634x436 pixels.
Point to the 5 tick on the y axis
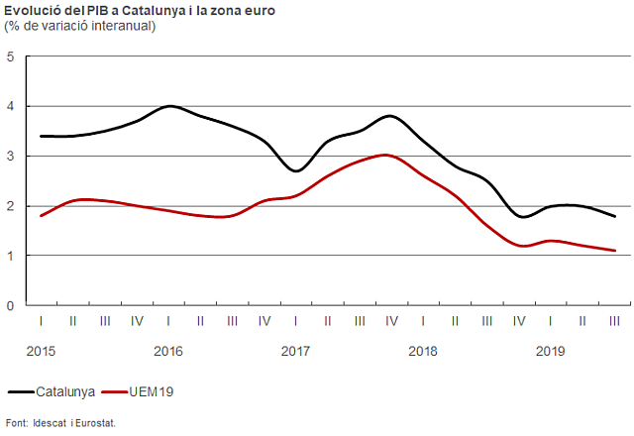coord(10,56)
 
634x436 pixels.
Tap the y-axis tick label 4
coord(10,106)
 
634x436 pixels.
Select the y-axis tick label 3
coord(10,157)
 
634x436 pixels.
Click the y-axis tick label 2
coord(10,206)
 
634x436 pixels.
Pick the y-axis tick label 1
coord(10,256)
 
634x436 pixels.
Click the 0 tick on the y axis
coord(10,305)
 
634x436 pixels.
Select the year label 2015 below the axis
coord(41,351)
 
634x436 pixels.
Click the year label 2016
coord(168,351)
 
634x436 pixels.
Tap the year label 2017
coord(296,351)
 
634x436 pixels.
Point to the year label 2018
coord(423,351)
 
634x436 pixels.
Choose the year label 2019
coord(551,351)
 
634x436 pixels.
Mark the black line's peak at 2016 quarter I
coord(169,106)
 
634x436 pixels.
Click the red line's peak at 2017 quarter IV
coord(387,155)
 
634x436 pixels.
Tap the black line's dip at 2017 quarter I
coord(296,170)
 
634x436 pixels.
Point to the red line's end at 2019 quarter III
coord(615,251)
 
